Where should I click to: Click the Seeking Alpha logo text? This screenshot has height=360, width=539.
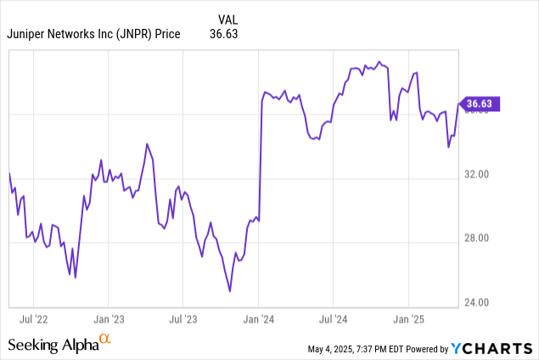53,345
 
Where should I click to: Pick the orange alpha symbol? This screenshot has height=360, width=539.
105,340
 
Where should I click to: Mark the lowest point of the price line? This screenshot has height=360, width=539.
230,291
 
